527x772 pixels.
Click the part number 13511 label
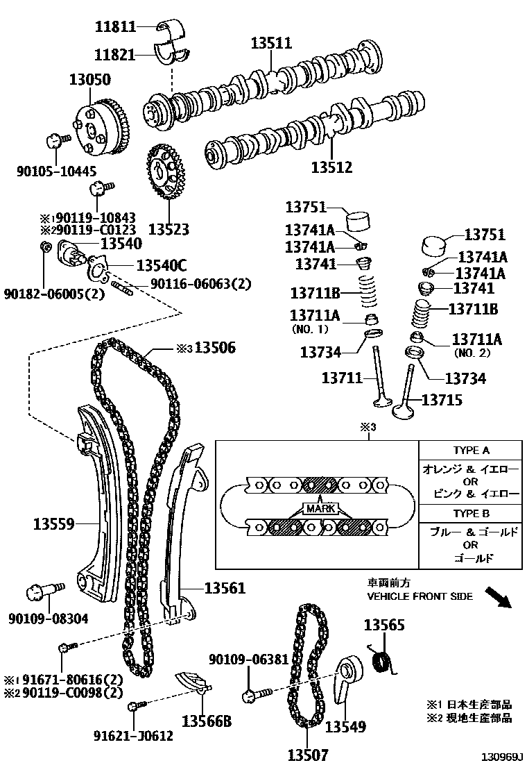271,44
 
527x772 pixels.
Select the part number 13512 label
331,167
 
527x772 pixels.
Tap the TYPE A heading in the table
471,450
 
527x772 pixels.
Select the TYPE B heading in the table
471,514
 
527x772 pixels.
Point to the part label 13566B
206,722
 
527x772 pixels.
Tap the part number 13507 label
308,755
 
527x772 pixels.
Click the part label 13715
442,400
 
